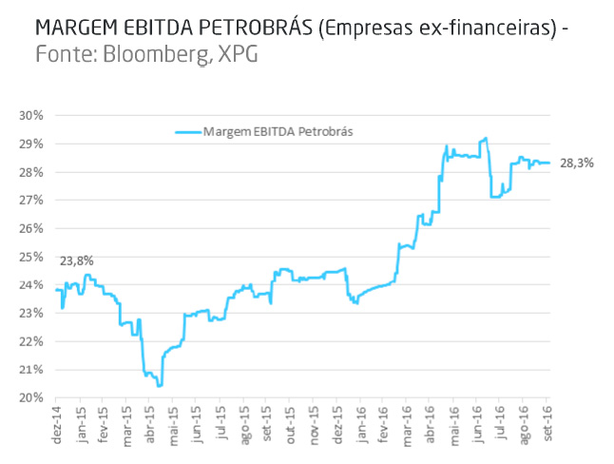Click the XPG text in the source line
(237, 55)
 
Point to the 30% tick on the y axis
(32, 115)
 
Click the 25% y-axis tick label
(32, 257)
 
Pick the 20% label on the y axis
(32, 397)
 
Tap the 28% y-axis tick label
(32, 172)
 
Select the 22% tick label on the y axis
(32, 341)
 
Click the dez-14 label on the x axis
(57, 421)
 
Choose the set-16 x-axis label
(548, 421)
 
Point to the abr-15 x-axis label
(150, 421)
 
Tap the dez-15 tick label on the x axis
(338, 421)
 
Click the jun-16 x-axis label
(478, 421)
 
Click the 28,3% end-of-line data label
(576, 164)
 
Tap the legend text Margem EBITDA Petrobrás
(278, 131)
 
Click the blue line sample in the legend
(188, 131)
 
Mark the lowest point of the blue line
(160, 385)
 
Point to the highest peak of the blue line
(486, 138)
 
